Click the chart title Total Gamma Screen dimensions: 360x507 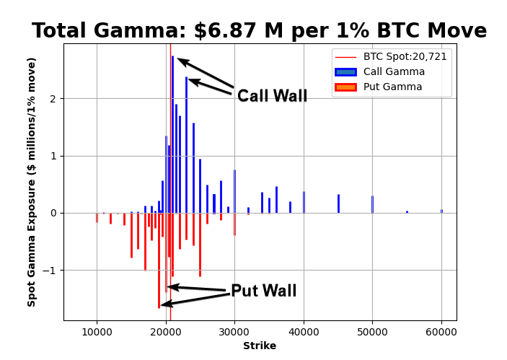pos(259,31)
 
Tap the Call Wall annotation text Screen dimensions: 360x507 pos(272,96)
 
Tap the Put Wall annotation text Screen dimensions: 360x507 pos(263,291)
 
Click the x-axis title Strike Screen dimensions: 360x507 pos(260,346)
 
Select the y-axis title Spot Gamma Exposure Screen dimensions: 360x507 pos(32,182)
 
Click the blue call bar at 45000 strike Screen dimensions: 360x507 pos(338,203)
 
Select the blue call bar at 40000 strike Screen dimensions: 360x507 pos(304,202)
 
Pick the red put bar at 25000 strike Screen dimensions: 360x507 pos(200,245)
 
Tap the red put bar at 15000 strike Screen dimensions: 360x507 pos(131,235)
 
